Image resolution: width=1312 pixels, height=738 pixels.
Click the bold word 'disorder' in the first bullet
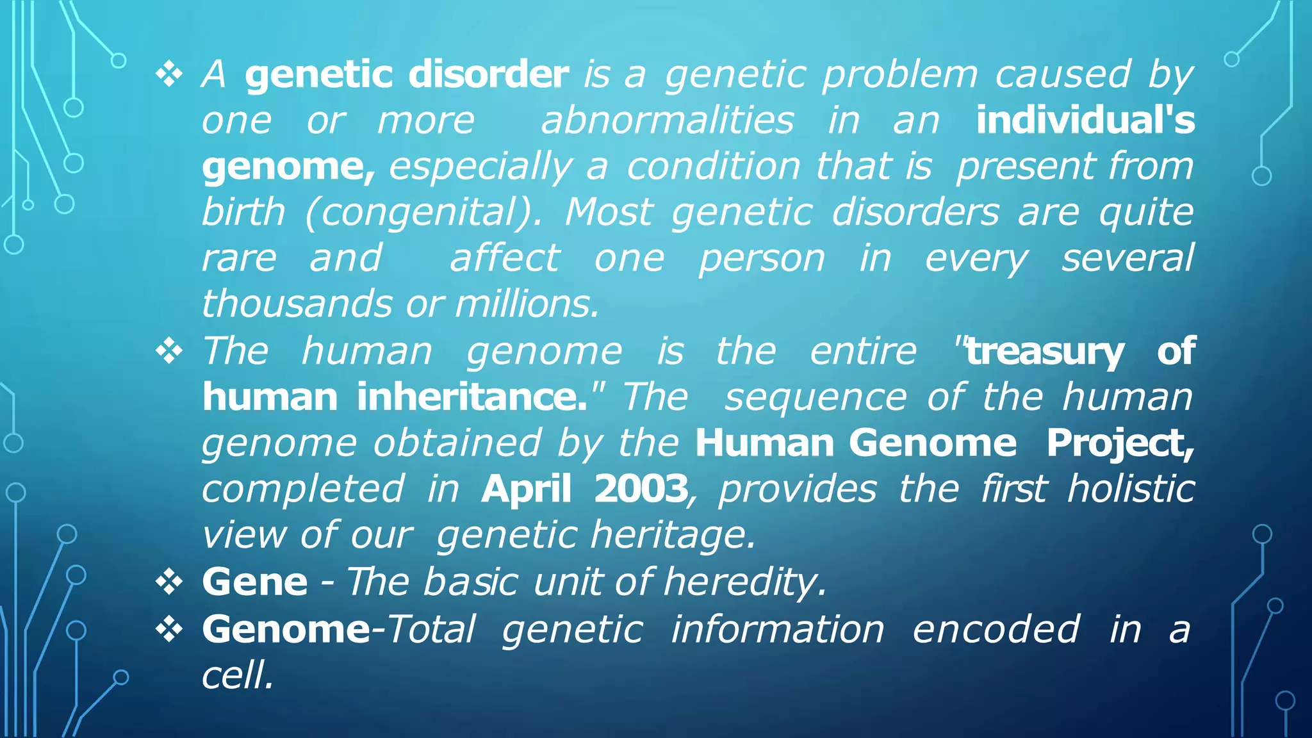click(488, 74)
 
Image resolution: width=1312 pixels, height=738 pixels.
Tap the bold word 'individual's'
click(1085, 120)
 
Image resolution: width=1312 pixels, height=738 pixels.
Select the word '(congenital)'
click(423, 213)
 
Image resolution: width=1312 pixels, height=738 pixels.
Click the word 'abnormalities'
click(667, 120)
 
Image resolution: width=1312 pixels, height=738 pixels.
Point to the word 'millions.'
click(527, 304)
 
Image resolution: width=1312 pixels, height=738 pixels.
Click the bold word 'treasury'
click(1044, 351)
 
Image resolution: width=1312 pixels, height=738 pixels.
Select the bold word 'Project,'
click(1120, 443)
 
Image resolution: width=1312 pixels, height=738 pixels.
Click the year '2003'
click(641, 489)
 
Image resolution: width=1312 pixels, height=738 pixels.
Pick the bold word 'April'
click(526, 489)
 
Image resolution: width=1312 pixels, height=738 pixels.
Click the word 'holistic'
click(1131, 489)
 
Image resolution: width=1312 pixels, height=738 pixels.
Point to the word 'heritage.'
click(673, 536)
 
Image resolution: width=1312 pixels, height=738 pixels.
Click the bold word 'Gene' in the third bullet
click(255, 582)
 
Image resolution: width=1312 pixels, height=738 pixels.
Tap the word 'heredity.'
click(745, 582)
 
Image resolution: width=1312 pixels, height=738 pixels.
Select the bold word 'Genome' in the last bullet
click(286, 629)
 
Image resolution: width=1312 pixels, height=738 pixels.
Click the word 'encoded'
click(996, 629)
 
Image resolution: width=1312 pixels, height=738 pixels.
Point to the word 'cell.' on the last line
click(238, 675)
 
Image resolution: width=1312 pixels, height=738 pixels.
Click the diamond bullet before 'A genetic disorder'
click(169, 75)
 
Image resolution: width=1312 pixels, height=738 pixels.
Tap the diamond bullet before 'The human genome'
click(169, 352)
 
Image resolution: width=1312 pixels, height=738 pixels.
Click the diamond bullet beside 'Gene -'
click(169, 582)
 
